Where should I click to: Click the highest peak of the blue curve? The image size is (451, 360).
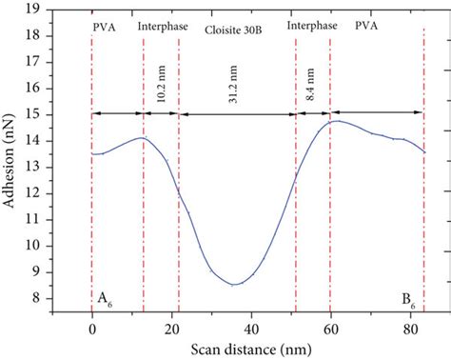(x=336, y=121)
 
